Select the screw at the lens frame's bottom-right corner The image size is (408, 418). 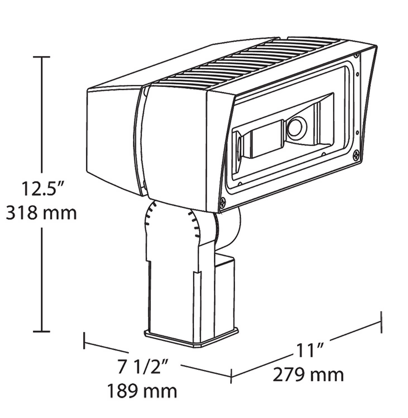[356, 155]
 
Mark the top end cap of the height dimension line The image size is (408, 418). [41, 57]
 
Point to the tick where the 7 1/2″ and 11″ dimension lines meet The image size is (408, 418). [231, 376]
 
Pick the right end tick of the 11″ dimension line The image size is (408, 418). [381, 325]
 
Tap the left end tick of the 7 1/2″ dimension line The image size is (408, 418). [84, 341]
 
